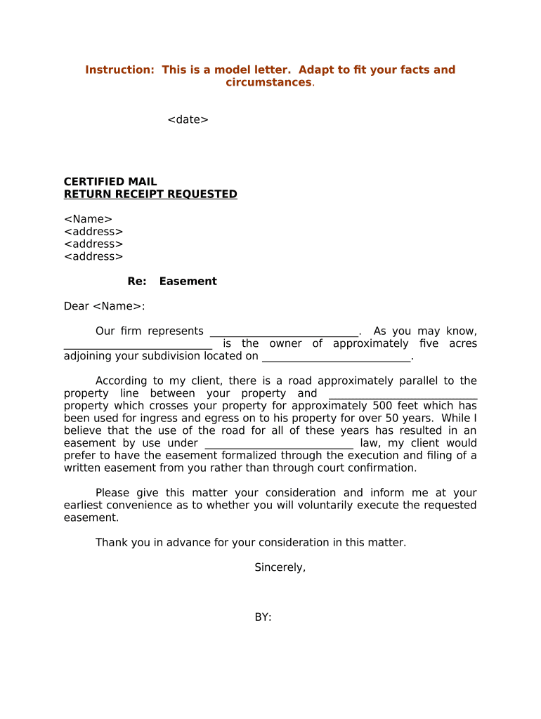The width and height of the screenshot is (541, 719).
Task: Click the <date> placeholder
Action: click(x=188, y=119)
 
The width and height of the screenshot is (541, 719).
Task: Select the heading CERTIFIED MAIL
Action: click(x=110, y=182)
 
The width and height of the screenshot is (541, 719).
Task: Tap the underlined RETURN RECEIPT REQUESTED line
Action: click(x=150, y=194)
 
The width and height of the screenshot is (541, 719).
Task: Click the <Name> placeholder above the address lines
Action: click(x=88, y=219)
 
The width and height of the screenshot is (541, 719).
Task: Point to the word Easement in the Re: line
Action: click(x=188, y=282)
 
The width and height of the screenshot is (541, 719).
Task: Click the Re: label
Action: click(x=137, y=282)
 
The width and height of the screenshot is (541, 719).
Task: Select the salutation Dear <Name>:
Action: click(x=104, y=306)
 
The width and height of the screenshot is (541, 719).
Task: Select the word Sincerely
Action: click(x=280, y=567)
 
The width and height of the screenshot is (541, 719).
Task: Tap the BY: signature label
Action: click(x=263, y=617)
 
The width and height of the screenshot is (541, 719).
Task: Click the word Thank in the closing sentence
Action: click(x=111, y=543)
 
